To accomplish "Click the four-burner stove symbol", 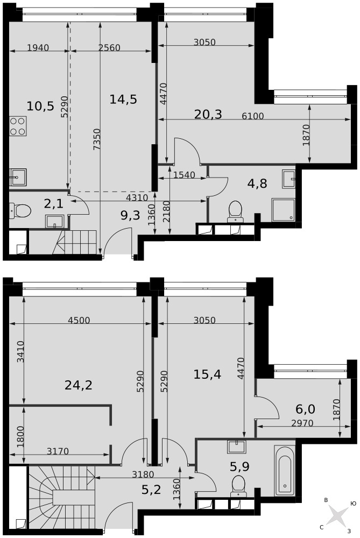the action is click(18, 126).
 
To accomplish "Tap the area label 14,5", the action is click(123, 100).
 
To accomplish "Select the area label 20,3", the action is click(208, 114).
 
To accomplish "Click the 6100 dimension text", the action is click(253, 116).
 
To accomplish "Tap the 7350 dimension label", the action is click(97, 139).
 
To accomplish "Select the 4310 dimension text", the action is click(137, 197).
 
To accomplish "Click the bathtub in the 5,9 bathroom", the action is click(285, 470).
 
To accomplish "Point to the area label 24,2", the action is click(79, 385).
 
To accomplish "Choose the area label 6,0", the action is click(305, 409).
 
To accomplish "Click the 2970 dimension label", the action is click(302, 423).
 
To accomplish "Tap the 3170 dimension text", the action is click(58, 451).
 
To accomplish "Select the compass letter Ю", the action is click(353, 504).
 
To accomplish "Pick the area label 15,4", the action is click(207, 374).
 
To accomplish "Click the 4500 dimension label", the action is click(79, 321).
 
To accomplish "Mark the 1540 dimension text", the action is click(184, 175).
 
